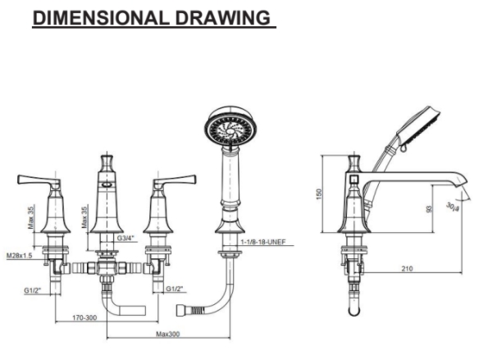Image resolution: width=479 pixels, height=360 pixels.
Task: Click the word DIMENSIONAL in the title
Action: click(101, 18)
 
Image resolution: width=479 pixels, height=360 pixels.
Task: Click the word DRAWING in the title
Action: click(223, 18)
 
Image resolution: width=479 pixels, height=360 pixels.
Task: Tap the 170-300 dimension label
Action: click(84, 317)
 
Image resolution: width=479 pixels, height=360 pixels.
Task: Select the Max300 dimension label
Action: click(168, 334)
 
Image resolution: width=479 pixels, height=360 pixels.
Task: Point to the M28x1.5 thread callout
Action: click(19, 255)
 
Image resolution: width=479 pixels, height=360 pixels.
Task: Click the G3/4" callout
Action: click(125, 238)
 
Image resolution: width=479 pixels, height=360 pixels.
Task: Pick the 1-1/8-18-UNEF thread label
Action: click(263, 242)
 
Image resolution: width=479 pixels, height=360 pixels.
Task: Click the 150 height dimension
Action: click(319, 194)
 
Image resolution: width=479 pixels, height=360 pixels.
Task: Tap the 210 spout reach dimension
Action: click(407, 268)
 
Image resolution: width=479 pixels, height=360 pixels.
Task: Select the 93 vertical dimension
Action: click(429, 209)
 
